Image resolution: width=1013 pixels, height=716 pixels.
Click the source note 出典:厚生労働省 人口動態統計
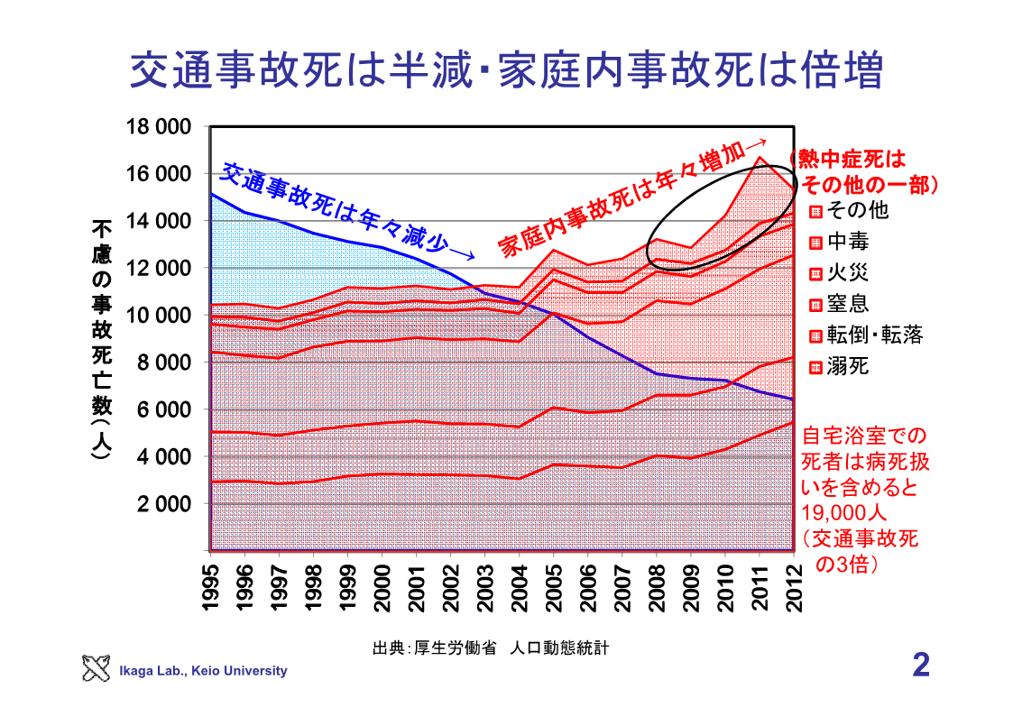tap(492, 648)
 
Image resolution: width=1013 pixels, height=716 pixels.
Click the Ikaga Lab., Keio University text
tap(203, 671)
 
